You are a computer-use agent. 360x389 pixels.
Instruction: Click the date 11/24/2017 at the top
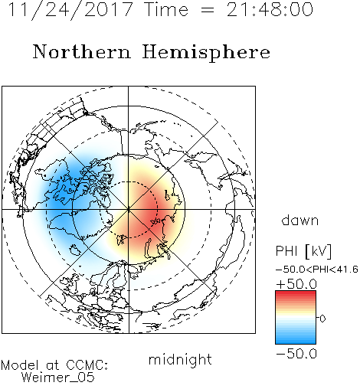tap(70, 10)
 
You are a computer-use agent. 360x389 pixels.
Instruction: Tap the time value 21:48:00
tap(270, 10)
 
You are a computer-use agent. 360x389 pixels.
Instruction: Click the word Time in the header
tap(166, 10)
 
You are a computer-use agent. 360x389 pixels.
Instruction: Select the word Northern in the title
tap(82, 51)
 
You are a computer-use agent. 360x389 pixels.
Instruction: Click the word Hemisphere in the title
tap(206, 53)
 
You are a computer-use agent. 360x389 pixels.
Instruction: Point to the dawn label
tap(300, 220)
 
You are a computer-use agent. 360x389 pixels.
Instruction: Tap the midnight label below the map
tap(180, 359)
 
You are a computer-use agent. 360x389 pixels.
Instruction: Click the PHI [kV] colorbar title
tap(303, 251)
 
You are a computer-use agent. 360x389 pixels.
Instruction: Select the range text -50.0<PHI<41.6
tap(316, 270)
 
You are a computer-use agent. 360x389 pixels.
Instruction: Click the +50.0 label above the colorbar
tap(296, 284)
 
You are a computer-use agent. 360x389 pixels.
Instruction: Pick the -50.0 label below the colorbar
tap(296, 354)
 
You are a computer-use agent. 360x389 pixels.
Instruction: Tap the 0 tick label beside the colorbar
tap(322, 319)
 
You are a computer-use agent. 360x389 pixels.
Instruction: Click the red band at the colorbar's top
tap(296, 294)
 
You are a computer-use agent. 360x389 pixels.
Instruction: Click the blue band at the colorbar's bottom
tap(296, 340)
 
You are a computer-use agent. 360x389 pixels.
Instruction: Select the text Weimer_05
tap(58, 378)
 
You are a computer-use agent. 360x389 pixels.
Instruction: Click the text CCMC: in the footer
tap(87, 365)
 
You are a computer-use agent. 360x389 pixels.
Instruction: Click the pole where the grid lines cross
tap(129, 209)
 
